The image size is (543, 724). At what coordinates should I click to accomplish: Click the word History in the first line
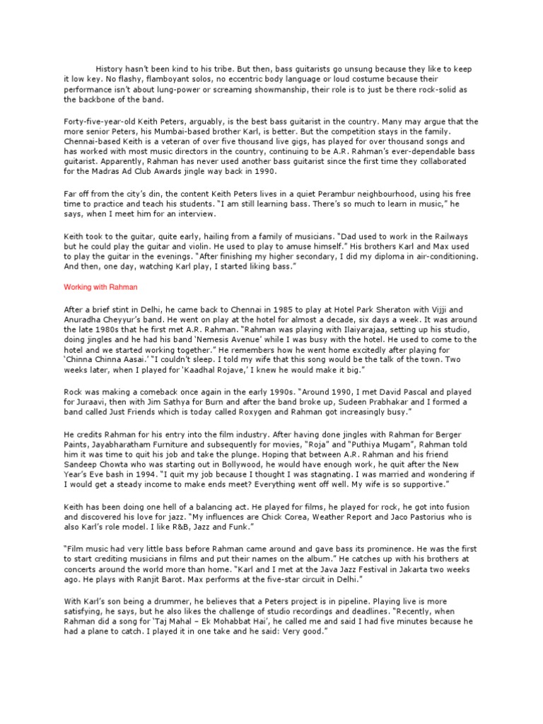pos(111,69)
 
